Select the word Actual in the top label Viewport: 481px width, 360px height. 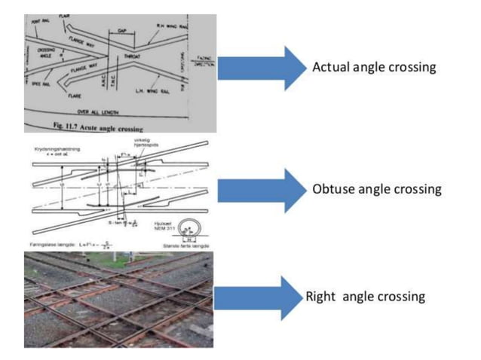(329, 68)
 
